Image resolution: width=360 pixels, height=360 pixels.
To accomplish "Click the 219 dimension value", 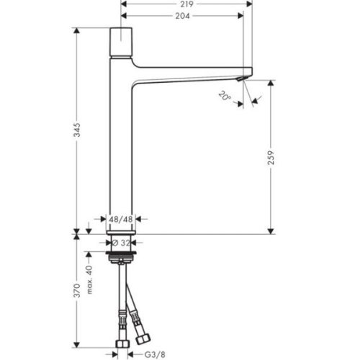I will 185,4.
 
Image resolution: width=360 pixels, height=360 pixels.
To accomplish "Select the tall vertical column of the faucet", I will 120,144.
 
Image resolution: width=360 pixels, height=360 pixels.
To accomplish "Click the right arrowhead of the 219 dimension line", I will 250,3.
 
